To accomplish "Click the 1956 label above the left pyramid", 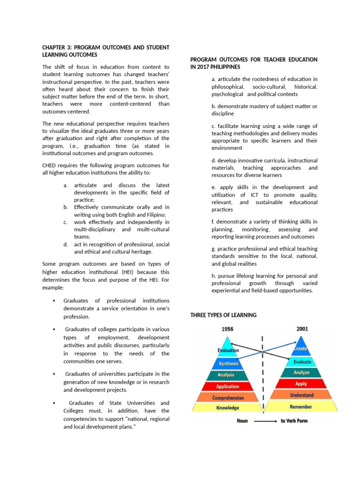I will tap(227, 329).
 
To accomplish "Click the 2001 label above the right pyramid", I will tap(302, 329).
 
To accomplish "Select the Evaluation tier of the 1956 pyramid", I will tap(228, 351).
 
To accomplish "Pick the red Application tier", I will tap(228, 387).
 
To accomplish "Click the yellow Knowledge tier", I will tap(228, 408).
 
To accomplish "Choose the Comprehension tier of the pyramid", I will tap(228, 398).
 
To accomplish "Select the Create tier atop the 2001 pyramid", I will tap(301, 349).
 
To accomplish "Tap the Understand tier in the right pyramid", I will tap(301, 395).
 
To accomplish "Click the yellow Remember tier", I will tap(301, 407).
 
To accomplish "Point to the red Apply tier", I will tap(301, 384).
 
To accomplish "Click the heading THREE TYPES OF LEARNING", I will tap(223, 315).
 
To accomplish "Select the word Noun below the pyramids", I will tap(242, 421).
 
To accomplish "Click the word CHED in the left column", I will tap(50, 165).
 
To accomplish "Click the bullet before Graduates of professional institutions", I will tap(55, 300).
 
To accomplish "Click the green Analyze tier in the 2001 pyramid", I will tap(301, 373).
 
